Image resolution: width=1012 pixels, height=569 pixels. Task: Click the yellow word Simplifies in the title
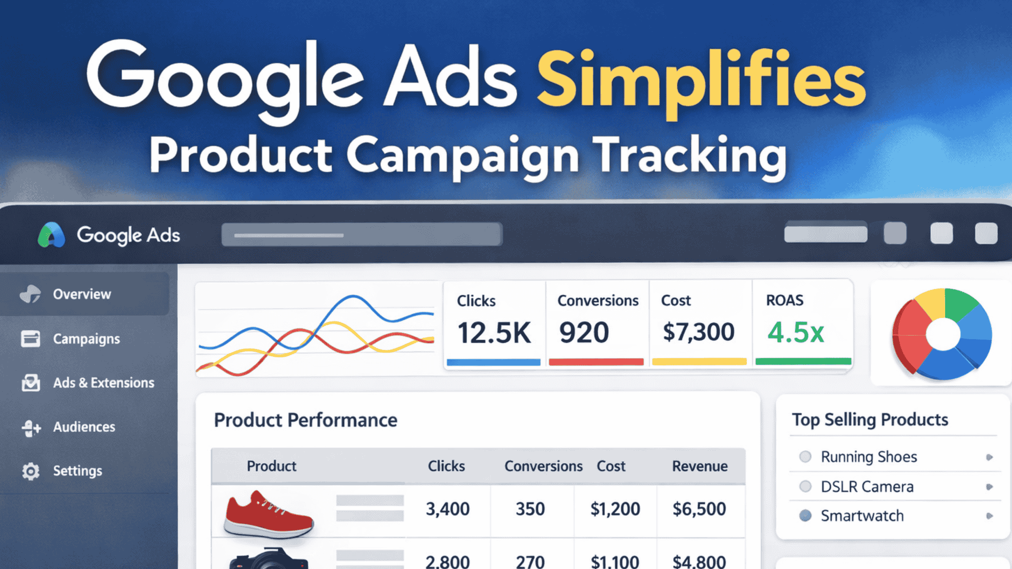coord(700,81)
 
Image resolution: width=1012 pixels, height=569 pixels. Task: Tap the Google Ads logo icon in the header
coord(51,235)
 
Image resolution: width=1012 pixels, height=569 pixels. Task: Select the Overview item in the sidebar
coord(82,294)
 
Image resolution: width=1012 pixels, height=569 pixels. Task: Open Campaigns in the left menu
coord(86,339)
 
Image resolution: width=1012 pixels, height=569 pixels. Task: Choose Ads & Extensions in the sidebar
coord(103,382)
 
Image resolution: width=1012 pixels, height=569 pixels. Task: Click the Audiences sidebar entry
coord(84,427)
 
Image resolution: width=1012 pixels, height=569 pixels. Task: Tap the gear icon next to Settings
coord(31,471)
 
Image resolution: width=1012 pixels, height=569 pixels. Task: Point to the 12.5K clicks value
coord(494,333)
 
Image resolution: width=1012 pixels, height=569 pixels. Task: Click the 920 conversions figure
coord(584,333)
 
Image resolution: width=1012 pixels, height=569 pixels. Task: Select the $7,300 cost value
coord(698,332)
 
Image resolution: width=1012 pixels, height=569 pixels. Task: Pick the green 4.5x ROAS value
coord(796,333)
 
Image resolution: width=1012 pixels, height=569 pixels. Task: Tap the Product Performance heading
coord(305,420)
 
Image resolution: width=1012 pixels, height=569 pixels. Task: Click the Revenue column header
coord(699,466)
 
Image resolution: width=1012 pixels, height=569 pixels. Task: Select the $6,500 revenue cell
coord(699,509)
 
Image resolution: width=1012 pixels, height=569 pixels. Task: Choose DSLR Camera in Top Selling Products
coord(867,487)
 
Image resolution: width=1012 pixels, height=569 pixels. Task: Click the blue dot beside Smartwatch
coord(805,515)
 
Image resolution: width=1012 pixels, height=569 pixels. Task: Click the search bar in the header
coord(361,234)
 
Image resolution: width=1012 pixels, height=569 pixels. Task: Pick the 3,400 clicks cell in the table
coord(447,509)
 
